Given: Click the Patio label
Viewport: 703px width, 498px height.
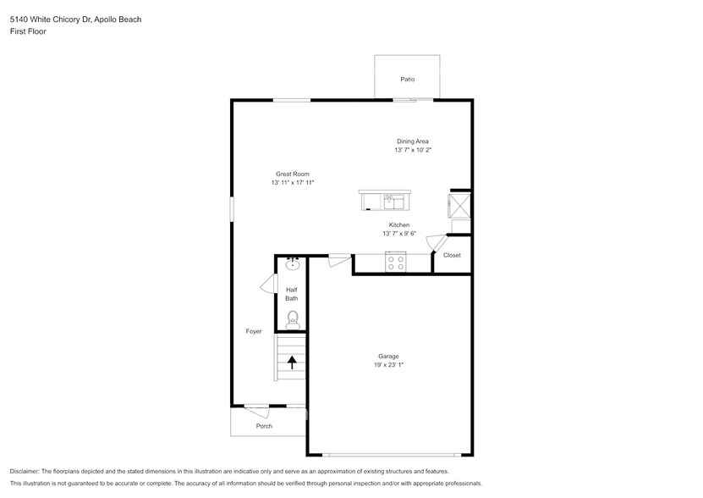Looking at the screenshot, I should coord(407,79).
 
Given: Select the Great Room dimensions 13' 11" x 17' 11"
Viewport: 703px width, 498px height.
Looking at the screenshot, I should coord(293,182).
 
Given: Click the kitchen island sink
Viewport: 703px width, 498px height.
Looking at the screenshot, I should coord(395,202).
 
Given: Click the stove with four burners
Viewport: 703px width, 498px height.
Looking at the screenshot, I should coord(395,263).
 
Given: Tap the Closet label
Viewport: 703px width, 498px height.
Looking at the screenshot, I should coord(452,255).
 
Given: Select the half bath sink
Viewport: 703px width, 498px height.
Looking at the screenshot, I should coord(293,264).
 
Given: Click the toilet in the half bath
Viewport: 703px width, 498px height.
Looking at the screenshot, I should coord(293,318).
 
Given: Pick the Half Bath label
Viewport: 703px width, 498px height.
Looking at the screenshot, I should coord(291,294).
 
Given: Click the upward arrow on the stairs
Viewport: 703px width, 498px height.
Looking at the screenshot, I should coord(292,362).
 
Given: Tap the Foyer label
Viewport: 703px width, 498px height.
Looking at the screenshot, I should coord(254,331).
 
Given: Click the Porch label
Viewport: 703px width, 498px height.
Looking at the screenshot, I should coord(264,426).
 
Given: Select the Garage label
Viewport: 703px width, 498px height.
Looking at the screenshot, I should coord(388,356).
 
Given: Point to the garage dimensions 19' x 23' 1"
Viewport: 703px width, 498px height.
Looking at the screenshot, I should coord(388,365).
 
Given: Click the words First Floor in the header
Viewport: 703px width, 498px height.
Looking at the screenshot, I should coord(28,31).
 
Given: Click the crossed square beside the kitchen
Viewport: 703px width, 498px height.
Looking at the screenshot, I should coord(459,204).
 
